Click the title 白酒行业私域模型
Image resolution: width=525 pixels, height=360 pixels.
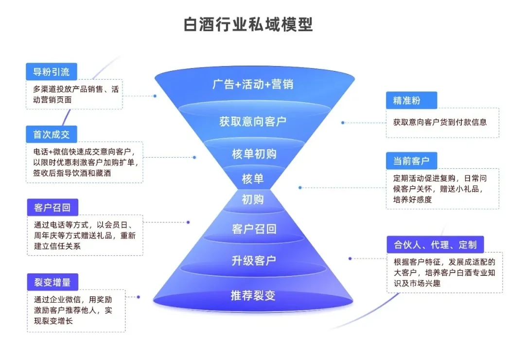point(248,24)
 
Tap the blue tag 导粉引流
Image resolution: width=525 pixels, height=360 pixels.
point(51,72)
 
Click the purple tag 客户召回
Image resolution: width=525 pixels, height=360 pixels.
point(52,208)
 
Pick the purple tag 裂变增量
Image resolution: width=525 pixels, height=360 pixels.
point(52,282)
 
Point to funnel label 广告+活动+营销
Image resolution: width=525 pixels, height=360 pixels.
point(253,84)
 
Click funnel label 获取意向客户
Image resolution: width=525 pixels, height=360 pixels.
point(253,122)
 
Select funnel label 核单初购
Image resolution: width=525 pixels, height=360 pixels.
point(254,154)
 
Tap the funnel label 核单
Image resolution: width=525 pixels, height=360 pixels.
point(253,179)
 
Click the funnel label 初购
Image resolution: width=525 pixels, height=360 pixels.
point(253,199)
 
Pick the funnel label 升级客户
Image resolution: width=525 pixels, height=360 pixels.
point(254,261)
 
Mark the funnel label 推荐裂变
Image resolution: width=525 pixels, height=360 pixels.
point(253,295)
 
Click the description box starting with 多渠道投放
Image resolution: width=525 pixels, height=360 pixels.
point(74,94)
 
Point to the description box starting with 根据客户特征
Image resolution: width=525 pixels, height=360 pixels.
point(444,272)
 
